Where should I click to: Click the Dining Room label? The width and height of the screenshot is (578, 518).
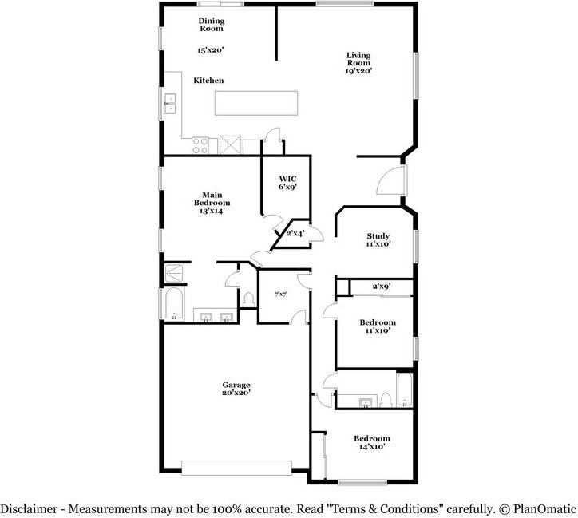point(211,24)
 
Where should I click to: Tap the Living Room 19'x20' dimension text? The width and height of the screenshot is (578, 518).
point(358,71)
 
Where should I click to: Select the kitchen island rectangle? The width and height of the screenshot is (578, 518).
point(255,103)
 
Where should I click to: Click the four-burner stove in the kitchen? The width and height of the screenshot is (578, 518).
point(200,145)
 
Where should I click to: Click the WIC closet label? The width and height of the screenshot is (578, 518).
point(287,179)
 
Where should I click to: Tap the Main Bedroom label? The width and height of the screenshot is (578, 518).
point(212,199)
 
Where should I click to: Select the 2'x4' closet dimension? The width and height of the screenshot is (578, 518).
point(295,233)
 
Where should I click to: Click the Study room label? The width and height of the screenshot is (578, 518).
point(378,236)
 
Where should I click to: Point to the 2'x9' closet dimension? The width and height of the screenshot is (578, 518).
point(382,287)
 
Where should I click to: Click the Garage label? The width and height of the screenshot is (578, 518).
point(236,385)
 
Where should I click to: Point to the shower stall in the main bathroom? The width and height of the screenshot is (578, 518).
point(175,273)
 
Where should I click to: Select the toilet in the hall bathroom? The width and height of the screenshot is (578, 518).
point(385,398)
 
